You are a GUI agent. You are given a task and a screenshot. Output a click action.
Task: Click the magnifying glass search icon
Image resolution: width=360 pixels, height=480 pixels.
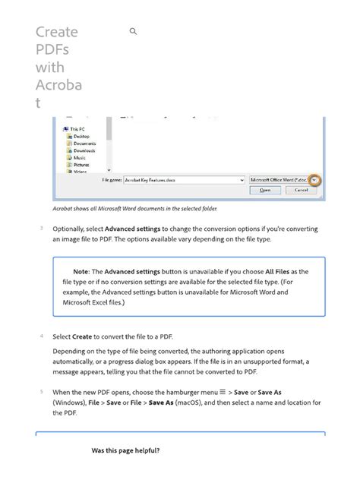[134, 32]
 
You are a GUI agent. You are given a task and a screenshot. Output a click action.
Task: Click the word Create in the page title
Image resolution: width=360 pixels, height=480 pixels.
[56, 32]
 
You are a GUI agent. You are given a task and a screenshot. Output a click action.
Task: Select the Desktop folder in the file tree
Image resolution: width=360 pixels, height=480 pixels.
[81, 136]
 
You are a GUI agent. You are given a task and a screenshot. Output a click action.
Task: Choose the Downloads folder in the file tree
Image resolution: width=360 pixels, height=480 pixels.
[84, 150]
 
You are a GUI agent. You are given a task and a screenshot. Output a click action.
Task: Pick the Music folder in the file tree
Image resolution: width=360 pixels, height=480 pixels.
[79, 157]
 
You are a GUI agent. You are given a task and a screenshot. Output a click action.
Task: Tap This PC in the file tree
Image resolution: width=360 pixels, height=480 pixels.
[77, 129]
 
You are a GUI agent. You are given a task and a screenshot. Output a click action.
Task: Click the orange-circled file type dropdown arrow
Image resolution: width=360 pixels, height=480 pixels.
[314, 180]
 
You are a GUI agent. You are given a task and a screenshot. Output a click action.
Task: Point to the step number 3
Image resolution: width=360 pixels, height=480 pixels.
[40, 228]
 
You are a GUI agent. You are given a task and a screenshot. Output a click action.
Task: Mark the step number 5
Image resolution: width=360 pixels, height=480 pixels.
[40, 391]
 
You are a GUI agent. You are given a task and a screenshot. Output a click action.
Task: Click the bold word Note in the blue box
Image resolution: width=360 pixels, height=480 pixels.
[81, 271]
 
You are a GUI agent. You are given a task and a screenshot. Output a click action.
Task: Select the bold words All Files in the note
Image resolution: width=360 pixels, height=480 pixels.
[281, 271]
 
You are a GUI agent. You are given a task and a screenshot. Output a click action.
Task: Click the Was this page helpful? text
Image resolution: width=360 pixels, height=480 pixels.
[125, 450]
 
